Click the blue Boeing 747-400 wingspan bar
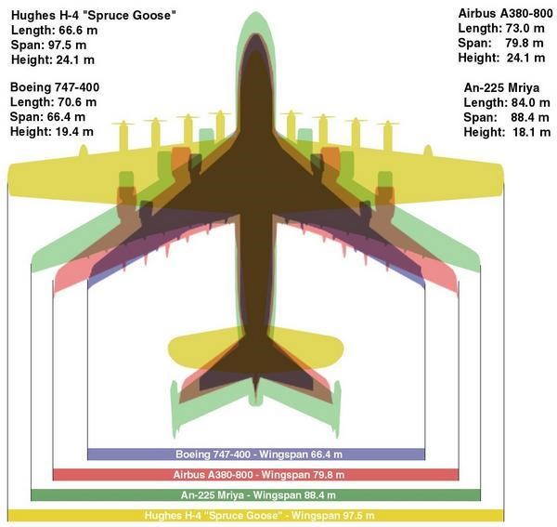pyautogui.click(x=256, y=455)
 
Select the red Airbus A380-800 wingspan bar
pyautogui.click(x=256, y=474)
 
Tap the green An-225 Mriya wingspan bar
pyautogui.click(x=256, y=495)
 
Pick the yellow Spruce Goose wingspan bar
pyautogui.click(x=256, y=515)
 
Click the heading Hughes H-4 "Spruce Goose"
pyautogui.click(x=94, y=15)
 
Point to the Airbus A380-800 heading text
pyautogui.click(x=506, y=14)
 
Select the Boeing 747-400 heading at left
pyautogui.click(x=55, y=87)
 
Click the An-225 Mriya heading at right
pyautogui.click(x=501, y=87)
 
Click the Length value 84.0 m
pyautogui.click(x=531, y=103)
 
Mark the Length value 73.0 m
pyautogui.click(x=525, y=28)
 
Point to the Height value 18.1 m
pyautogui.click(x=531, y=132)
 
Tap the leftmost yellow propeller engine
pyautogui.click(x=123, y=136)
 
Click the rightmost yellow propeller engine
pyautogui.click(x=388, y=136)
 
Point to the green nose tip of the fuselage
pyautogui.click(x=255, y=12)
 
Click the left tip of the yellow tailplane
pyautogui.click(x=169, y=347)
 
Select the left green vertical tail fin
pyautogui.click(x=175, y=409)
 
